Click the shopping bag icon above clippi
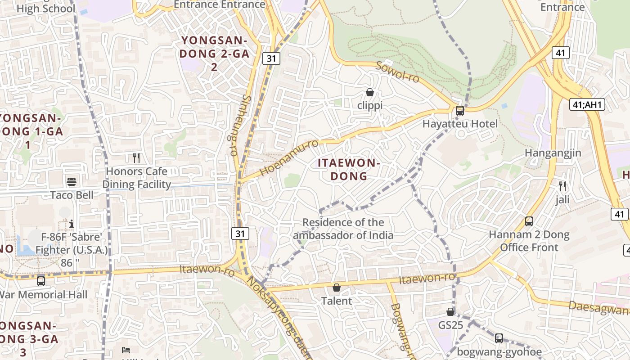[370, 93]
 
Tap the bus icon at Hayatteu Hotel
[459, 111]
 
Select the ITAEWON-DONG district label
[349, 169]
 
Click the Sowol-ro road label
[397, 72]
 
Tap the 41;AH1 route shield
[587, 105]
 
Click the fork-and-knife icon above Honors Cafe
[137, 158]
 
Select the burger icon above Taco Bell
[72, 182]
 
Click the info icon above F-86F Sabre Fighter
[72, 224]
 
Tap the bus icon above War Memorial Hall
[41, 281]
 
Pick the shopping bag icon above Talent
[337, 288]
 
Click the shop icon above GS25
[450, 312]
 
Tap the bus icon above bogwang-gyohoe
[499, 338]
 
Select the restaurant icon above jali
[562, 186]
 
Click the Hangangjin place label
[553, 153]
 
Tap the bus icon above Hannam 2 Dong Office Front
[529, 221]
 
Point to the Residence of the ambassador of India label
[343, 229]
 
